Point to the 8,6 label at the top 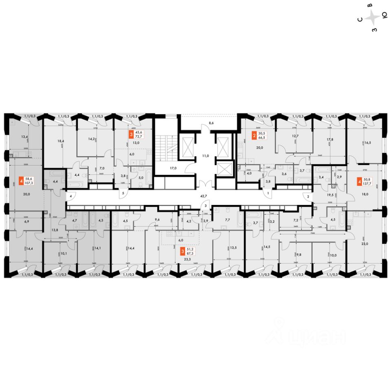211,122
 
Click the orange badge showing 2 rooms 254,135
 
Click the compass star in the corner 372,18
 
